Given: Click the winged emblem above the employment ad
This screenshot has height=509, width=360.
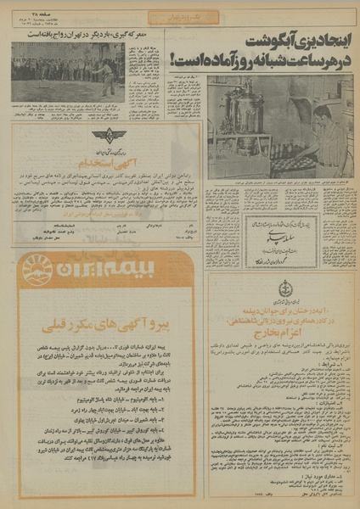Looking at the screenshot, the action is coord(102,134).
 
